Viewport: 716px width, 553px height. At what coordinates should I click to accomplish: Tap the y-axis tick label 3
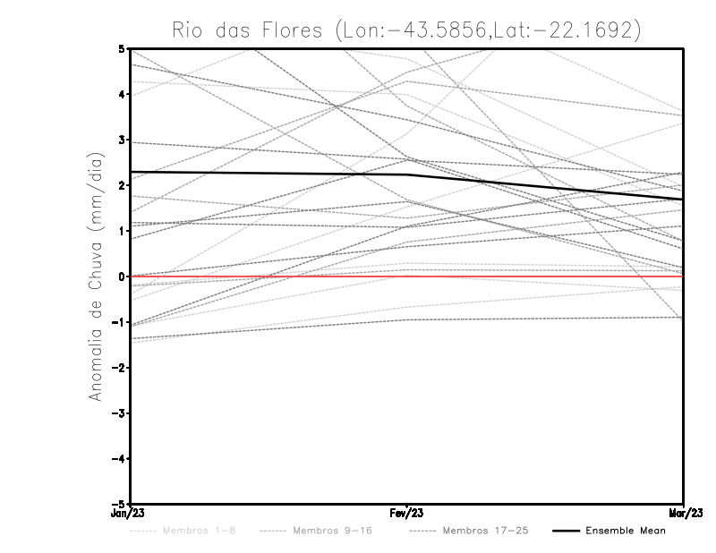coord(121,140)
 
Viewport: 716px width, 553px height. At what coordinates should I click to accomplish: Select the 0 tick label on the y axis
coord(121,276)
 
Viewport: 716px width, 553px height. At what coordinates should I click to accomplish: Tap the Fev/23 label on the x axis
coord(407,514)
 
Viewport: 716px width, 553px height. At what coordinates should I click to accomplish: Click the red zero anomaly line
coord(537,276)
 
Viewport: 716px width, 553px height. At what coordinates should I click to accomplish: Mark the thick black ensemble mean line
coord(268,173)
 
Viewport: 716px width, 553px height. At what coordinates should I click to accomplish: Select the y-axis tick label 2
coord(121,185)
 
